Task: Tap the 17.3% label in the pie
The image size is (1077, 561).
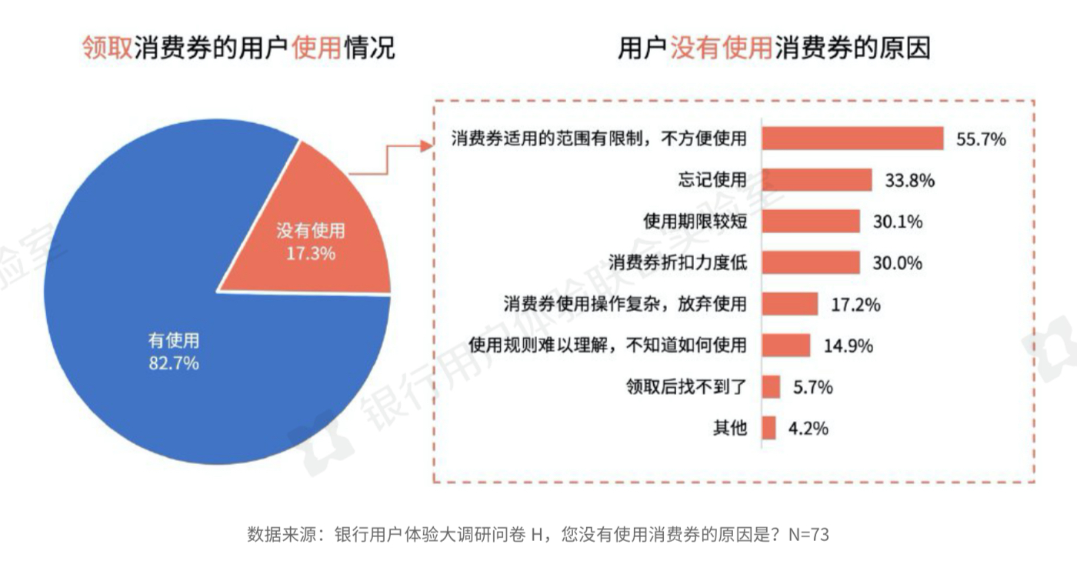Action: (311, 252)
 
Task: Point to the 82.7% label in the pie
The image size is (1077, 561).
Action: (173, 362)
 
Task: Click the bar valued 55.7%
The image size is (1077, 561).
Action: (852, 139)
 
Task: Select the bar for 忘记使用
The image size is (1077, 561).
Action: (817, 180)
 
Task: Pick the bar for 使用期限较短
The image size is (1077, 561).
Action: (811, 222)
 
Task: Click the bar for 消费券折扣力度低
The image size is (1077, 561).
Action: (811, 262)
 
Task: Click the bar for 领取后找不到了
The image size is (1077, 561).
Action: (771, 387)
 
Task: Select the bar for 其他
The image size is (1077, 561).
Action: (769, 428)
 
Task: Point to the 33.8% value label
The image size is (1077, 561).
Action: (909, 181)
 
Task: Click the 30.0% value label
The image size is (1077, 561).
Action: (897, 263)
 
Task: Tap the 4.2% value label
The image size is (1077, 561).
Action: (808, 429)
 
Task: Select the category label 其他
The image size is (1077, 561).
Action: (730, 429)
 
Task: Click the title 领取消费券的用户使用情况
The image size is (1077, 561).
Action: (238, 48)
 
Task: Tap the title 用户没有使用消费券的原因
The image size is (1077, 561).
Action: (775, 48)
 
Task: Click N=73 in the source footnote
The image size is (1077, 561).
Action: (809, 534)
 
